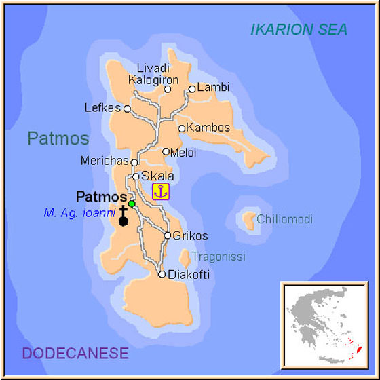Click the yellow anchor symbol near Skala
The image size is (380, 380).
160,191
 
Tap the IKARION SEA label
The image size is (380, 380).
299,29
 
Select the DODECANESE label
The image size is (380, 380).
75,353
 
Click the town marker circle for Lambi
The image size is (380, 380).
192,88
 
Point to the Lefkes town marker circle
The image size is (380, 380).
127,108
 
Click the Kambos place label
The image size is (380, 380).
208,128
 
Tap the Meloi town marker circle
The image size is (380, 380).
166,152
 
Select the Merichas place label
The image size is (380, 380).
104,162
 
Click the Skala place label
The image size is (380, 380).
157,176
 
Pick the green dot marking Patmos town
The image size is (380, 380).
132,204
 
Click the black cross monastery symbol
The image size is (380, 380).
123,216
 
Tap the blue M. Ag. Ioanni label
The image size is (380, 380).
79,213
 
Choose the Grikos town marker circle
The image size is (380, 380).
168,235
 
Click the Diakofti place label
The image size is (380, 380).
189,275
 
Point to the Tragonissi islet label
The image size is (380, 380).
218,256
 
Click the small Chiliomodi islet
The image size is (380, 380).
246,219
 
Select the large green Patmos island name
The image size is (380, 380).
58,139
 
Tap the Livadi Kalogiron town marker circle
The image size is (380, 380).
168,89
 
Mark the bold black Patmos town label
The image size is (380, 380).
101,197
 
